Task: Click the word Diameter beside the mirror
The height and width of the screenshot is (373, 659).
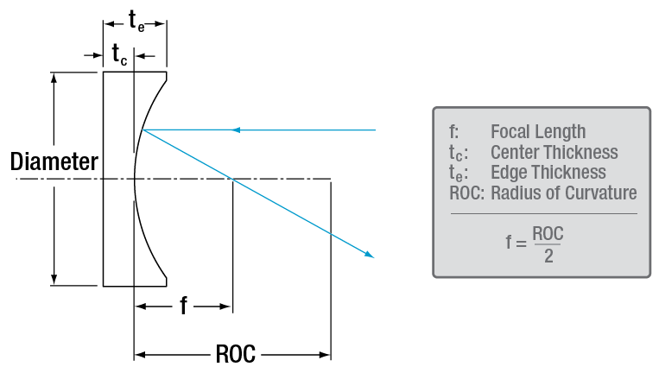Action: (x=54, y=161)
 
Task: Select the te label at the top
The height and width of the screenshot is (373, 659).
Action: (x=135, y=21)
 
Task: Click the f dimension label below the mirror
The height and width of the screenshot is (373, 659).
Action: (x=183, y=306)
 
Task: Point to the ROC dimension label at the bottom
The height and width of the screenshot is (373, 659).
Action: (x=233, y=354)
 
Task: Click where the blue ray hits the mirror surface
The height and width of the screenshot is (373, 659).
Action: (x=143, y=130)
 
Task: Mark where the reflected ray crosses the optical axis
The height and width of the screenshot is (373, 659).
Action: (x=231, y=179)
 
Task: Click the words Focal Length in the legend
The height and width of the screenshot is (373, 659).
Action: (x=537, y=131)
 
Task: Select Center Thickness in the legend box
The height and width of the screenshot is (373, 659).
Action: (x=554, y=152)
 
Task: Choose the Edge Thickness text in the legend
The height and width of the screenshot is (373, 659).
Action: (x=548, y=172)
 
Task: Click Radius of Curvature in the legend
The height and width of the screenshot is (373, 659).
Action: (x=563, y=193)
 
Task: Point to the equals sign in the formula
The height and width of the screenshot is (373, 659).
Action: (x=521, y=243)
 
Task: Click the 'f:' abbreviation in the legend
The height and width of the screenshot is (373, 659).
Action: (x=453, y=131)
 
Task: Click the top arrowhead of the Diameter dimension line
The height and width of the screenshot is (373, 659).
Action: (x=55, y=77)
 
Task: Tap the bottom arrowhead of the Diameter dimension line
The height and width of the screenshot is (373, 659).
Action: (x=55, y=279)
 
